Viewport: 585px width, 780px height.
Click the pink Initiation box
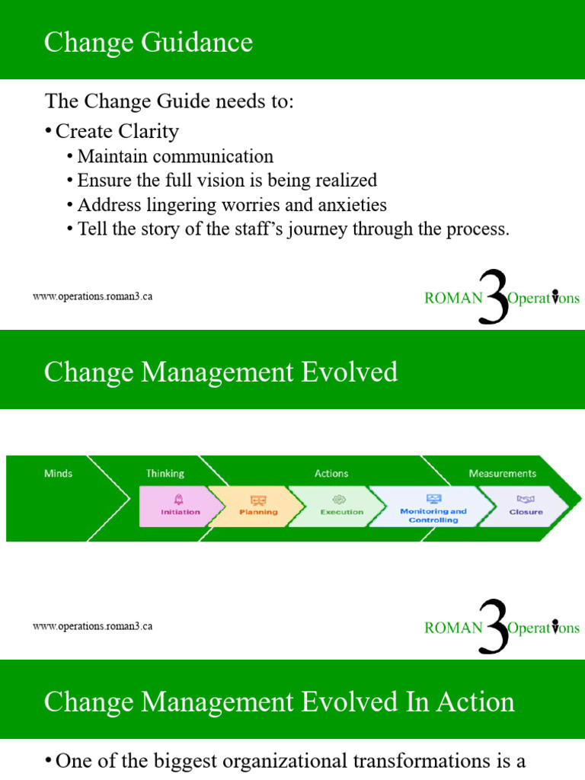(180, 506)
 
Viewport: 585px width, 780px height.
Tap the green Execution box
(340, 506)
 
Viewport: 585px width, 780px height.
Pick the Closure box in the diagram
(526, 506)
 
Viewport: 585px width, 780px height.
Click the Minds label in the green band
(58, 473)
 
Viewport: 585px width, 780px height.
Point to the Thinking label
(165, 473)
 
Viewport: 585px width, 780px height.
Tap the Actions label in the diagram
(331, 473)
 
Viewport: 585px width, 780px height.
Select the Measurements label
(502, 473)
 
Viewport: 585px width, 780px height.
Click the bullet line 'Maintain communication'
(175, 156)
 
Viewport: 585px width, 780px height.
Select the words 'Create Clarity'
(117, 131)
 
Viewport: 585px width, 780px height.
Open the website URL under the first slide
(93, 296)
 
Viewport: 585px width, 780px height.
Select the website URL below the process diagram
(93, 626)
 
